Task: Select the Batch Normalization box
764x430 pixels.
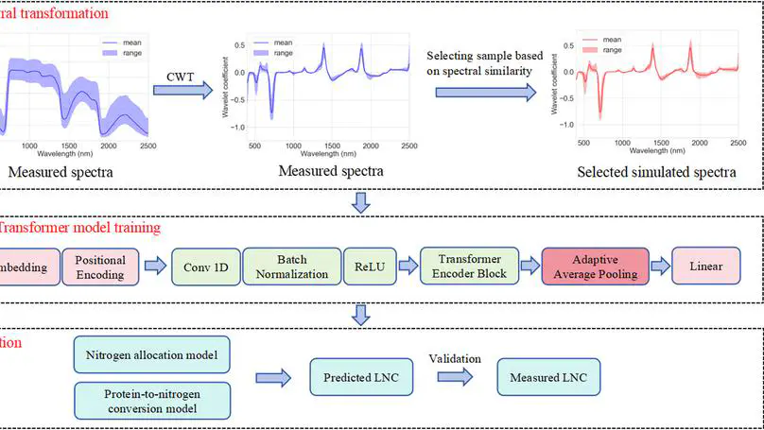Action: point(292,267)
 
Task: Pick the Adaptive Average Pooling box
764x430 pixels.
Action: point(595,267)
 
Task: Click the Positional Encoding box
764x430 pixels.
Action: point(100,267)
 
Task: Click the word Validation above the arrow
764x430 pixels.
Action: point(455,359)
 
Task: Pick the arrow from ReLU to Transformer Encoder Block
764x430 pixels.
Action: point(408,267)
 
